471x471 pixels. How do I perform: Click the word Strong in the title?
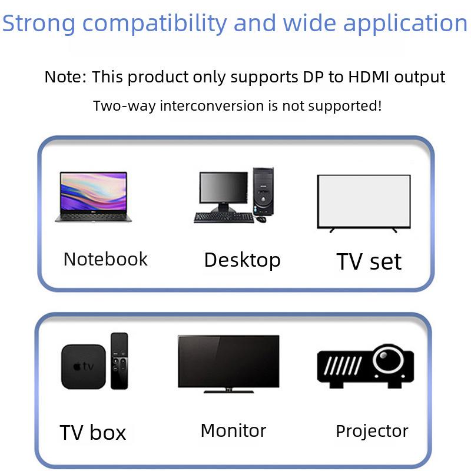pyautogui.click(x=38, y=24)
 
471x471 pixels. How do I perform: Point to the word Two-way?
pyautogui.click(x=124, y=107)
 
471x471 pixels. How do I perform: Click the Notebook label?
pyautogui.click(x=105, y=259)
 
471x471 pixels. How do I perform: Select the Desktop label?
pyautogui.click(x=242, y=261)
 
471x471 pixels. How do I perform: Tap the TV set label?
pyautogui.click(x=369, y=261)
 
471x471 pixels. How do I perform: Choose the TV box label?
pyautogui.click(x=93, y=433)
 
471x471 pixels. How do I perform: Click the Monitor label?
pyautogui.click(x=233, y=431)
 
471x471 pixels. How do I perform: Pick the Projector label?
pyautogui.click(x=372, y=432)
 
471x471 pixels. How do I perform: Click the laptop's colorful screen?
pyautogui.click(x=94, y=193)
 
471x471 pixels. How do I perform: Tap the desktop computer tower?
pyautogui.click(x=263, y=191)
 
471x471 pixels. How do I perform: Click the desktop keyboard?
pyautogui.click(x=224, y=217)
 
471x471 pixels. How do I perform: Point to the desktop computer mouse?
pyautogui.click(x=261, y=219)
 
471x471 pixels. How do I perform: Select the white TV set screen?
pyautogui.click(x=364, y=201)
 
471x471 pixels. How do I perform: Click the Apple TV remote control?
pyautogui.click(x=120, y=361)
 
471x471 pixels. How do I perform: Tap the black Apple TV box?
pyautogui.click(x=84, y=367)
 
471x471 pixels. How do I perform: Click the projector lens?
pyautogui.click(x=389, y=360)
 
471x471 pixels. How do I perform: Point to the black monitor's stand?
pyautogui.click(x=228, y=390)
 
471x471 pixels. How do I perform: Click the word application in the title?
pyautogui.click(x=405, y=24)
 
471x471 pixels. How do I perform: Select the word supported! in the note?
pyautogui.click(x=345, y=107)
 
